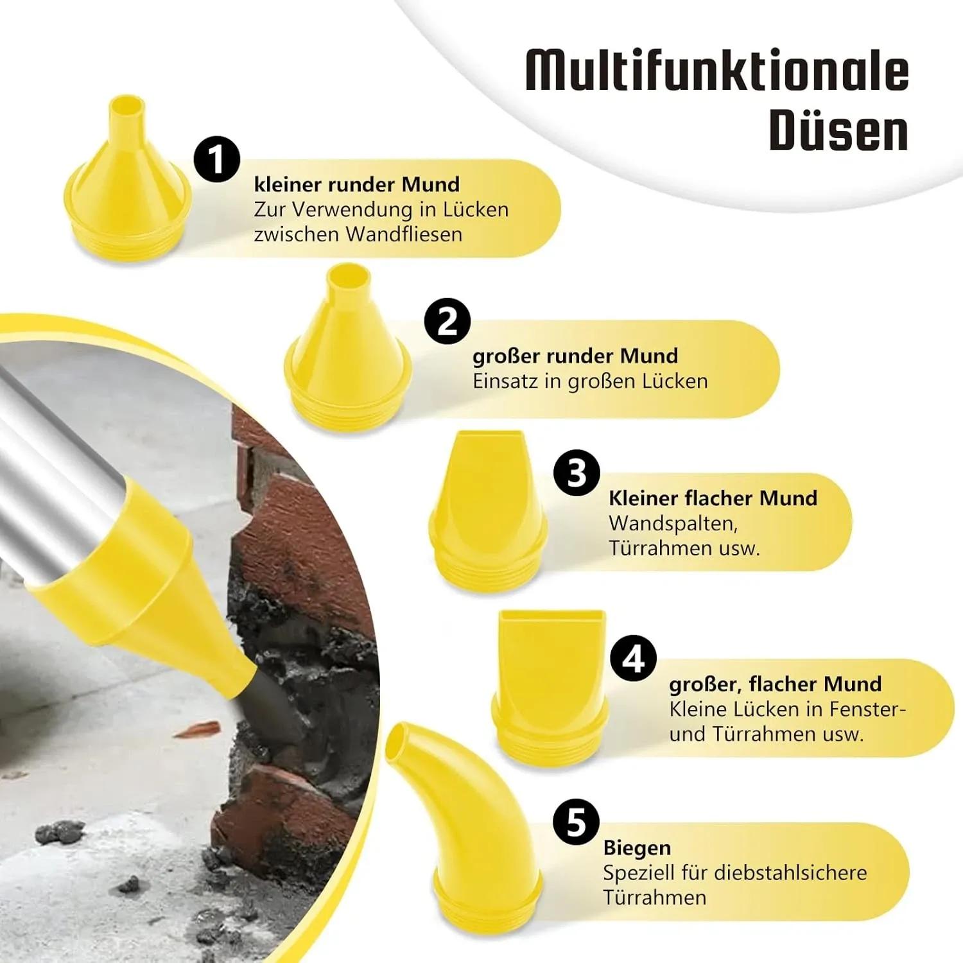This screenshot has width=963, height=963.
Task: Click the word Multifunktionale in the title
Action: [x=717, y=70]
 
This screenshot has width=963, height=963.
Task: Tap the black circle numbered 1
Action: [x=217, y=159]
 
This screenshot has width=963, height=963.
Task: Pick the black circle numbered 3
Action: [x=577, y=473]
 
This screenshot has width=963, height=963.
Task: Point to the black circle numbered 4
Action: [x=634, y=659]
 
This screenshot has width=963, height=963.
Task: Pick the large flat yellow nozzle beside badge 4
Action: [x=550, y=687]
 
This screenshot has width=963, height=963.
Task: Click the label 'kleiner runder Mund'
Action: [x=357, y=185]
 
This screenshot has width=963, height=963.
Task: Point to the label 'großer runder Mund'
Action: [x=575, y=356]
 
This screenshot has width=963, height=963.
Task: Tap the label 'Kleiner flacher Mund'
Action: [x=713, y=498]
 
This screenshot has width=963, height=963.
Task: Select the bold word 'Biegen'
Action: [x=637, y=849]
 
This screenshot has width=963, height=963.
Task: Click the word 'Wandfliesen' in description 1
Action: [x=404, y=234]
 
